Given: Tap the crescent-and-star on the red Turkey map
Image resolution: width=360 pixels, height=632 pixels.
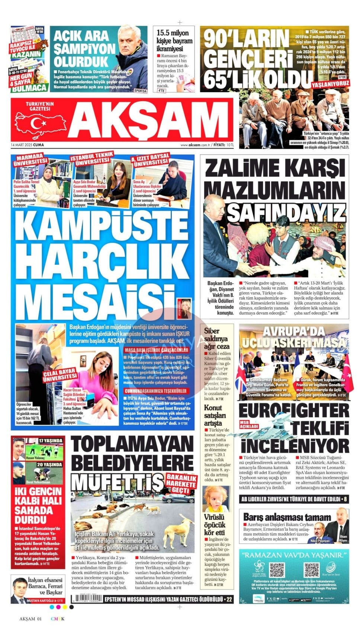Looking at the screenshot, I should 38,123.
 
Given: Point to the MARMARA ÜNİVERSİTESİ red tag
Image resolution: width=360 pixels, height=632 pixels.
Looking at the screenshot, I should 31,159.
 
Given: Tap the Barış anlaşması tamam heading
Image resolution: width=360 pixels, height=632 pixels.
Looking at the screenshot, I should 287,517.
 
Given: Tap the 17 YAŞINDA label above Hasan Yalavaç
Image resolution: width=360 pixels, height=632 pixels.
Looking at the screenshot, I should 50,441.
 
